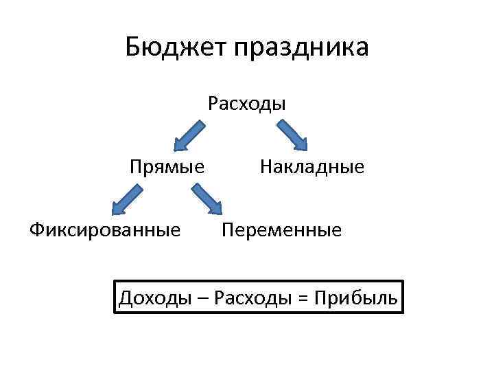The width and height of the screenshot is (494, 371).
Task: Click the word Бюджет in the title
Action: coord(176,47)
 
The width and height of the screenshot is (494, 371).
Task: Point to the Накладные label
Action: coord(311,166)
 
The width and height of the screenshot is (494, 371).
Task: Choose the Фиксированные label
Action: coord(105,229)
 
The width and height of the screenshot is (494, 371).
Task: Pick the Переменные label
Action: coord(281,229)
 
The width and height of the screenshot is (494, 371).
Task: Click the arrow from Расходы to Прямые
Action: coord(189,135)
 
